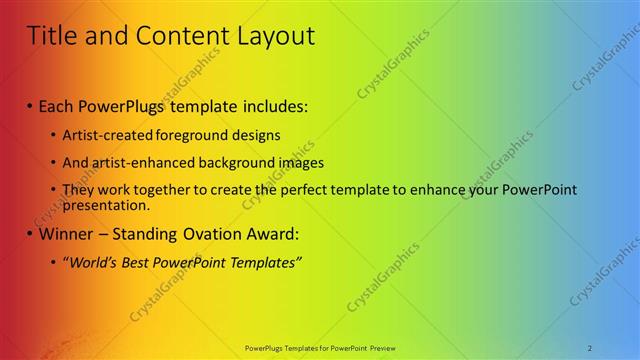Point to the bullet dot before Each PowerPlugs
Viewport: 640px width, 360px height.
(x=31, y=106)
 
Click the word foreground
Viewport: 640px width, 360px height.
(x=182, y=135)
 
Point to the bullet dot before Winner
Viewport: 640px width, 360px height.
(x=31, y=236)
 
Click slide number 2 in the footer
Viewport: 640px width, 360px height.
(x=590, y=347)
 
